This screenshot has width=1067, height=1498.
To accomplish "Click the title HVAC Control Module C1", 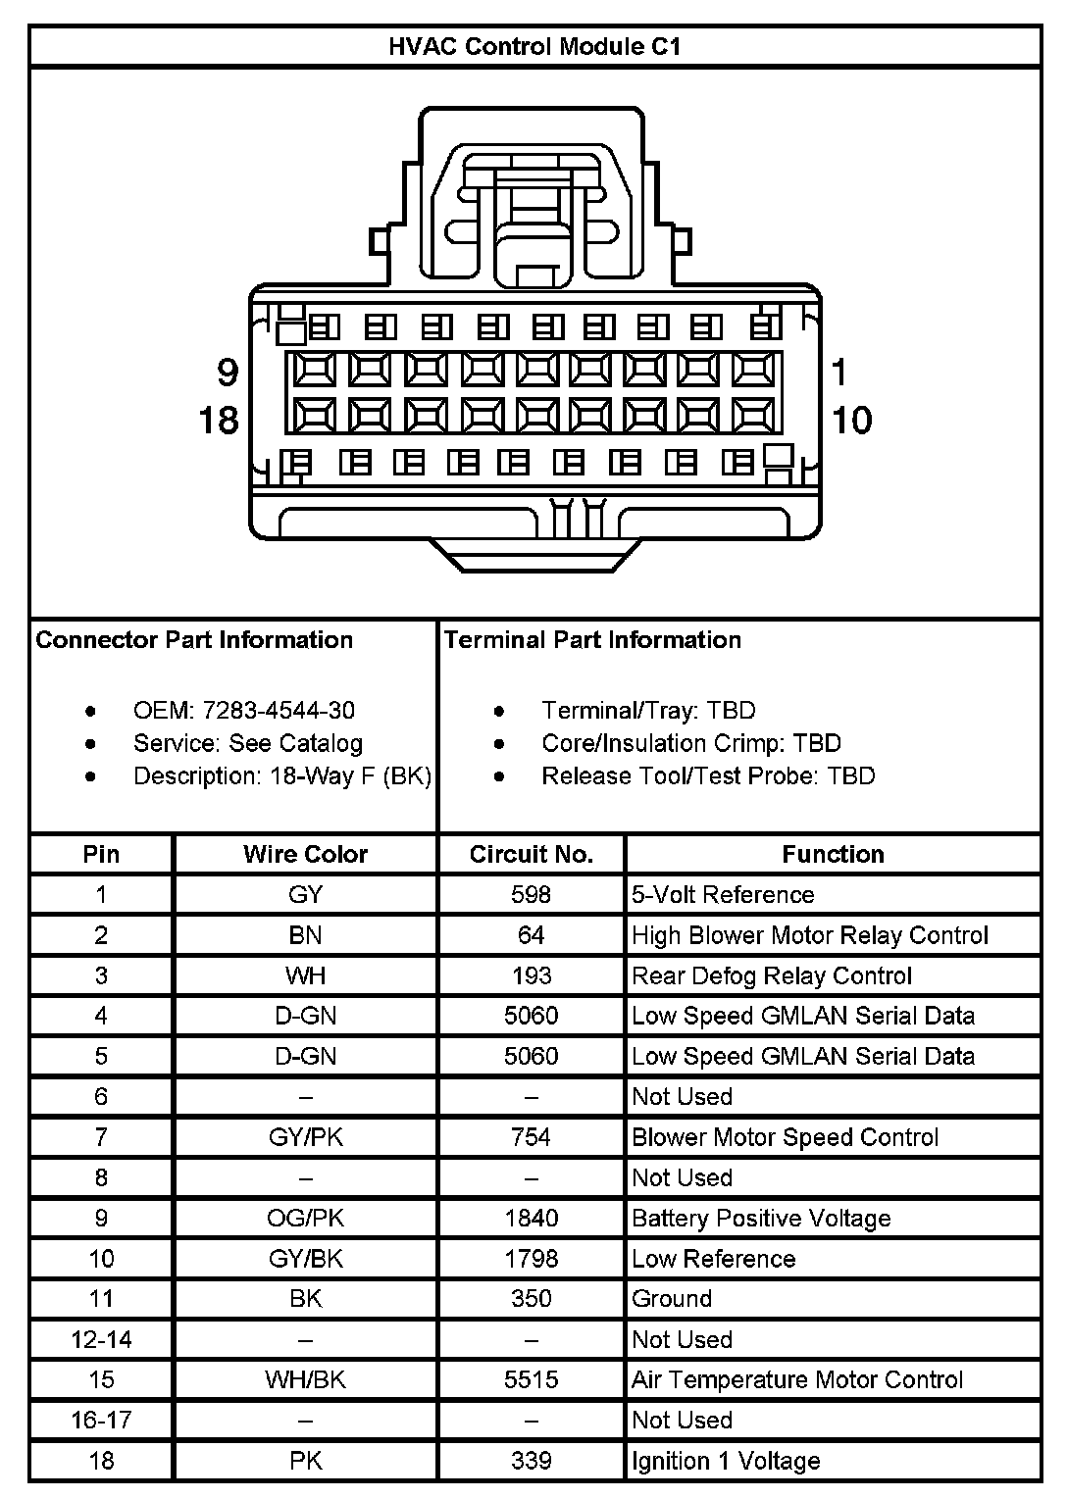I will pyautogui.click(x=534, y=46).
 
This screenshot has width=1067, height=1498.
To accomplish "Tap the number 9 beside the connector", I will pyautogui.click(x=228, y=373).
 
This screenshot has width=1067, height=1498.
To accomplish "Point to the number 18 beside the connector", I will pyautogui.click(x=219, y=421).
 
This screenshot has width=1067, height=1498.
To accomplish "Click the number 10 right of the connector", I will pyautogui.click(x=851, y=421).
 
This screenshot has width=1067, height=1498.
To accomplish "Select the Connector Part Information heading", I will pyautogui.click(x=194, y=640).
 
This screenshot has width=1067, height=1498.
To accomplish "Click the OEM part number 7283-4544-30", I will pyautogui.click(x=279, y=710).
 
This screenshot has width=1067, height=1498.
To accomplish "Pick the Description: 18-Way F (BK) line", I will pyautogui.click(x=282, y=775).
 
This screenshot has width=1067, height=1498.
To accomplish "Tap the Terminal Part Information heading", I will pyautogui.click(x=592, y=640).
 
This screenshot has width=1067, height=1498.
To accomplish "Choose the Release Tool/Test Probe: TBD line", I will pyautogui.click(x=708, y=775).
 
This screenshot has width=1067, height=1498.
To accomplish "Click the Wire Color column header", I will pyautogui.click(x=305, y=854).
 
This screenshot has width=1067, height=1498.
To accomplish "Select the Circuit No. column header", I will pyautogui.click(x=531, y=854).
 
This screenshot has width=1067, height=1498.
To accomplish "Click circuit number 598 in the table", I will pyautogui.click(x=531, y=894).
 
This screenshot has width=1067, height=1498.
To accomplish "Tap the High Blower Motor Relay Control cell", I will pyautogui.click(x=810, y=935).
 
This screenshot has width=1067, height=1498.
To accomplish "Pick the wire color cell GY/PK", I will pyautogui.click(x=305, y=1137).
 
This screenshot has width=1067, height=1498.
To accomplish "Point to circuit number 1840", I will pyautogui.click(x=531, y=1218).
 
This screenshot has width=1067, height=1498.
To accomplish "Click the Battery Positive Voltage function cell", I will pyautogui.click(x=761, y=1218).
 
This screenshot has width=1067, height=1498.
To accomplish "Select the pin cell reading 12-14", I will pyautogui.click(x=101, y=1339).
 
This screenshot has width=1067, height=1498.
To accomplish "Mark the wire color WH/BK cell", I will pyautogui.click(x=305, y=1379).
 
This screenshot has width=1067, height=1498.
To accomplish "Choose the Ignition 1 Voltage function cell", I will pyautogui.click(x=726, y=1461).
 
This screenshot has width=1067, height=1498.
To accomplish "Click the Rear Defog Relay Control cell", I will pyautogui.click(x=772, y=975).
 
